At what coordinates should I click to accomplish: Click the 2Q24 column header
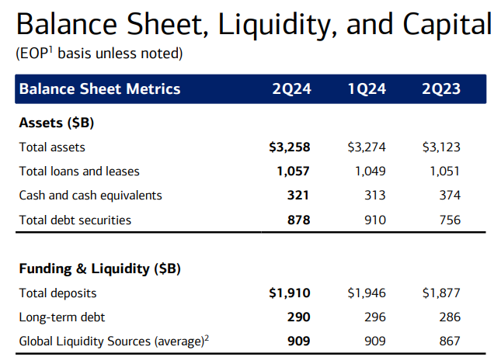pyautogui.click(x=291, y=88)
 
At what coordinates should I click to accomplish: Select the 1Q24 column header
pyautogui.click(x=367, y=88)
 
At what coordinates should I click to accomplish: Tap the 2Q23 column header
pyautogui.click(x=440, y=88)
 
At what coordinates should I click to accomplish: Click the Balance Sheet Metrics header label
pyautogui.click(x=99, y=88)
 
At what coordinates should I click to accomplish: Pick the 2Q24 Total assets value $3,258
pyautogui.click(x=289, y=147)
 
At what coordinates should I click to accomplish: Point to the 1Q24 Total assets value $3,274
pyautogui.click(x=367, y=147)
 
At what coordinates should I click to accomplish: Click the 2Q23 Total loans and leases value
pyautogui.click(x=444, y=171)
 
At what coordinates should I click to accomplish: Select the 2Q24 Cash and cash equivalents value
pyautogui.click(x=299, y=195)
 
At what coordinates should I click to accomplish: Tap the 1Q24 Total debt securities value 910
pyautogui.click(x=374, y=220)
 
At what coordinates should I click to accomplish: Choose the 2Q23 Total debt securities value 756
pyautogui.click(x=449, y=220)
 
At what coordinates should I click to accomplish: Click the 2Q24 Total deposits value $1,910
pyautogui.click(x=289, y=293)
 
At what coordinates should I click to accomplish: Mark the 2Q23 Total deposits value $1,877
pyautogui.click(x=441, y=293)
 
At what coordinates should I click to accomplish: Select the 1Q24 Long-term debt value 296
pyautogui.click(x=374, y=317)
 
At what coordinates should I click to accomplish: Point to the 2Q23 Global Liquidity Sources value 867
pyautogui.click(x=449, y=341)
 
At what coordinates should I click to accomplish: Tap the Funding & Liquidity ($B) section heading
pyautogui.click(x=99, y=269)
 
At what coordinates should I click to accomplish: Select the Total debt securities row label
pyautogui.click(x=75, y=220)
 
